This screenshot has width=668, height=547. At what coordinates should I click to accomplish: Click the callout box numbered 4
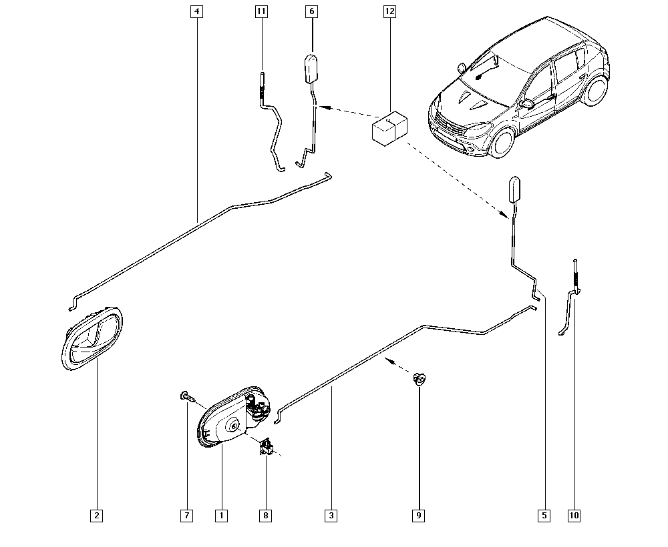pos(196,11)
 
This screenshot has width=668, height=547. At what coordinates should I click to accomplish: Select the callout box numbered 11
pos(261,11)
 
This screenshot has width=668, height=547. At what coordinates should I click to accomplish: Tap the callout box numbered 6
pos(312,11)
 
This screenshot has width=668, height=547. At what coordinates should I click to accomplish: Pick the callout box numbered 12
pos(389,11)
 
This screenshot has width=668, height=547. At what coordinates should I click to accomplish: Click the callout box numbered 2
pos(97,516)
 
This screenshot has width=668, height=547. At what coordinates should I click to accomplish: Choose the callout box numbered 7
pos(186,516)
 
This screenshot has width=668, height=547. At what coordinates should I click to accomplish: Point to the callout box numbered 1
pos(222,516)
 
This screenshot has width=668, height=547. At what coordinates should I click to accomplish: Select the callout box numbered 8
pos(265,516)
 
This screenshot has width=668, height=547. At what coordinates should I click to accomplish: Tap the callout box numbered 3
pos(331,516)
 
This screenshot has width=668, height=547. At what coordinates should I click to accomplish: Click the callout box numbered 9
pos(419,516)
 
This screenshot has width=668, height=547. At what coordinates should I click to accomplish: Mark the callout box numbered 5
pos(544,516)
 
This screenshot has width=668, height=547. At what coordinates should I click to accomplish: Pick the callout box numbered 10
pos(574,516)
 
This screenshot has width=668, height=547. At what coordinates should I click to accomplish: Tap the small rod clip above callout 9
pos(420,378)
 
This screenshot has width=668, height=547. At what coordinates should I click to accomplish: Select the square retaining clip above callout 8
pos(267,447)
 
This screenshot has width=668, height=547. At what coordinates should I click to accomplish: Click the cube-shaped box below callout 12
pos(389,129)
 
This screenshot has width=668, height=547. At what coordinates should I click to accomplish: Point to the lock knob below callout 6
pos(311,69)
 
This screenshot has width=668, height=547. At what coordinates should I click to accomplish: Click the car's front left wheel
pos(502,142)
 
